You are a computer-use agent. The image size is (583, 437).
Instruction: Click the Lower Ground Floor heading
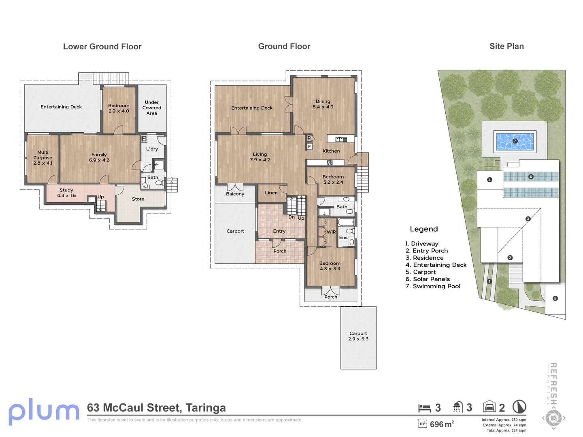point(102,47)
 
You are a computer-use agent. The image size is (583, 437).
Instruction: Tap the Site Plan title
point(506,46)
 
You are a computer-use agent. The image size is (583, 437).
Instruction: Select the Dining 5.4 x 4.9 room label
point(323,104)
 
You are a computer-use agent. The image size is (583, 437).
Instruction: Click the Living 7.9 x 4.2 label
point(260,157)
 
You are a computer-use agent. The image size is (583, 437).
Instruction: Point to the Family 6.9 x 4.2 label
point(99,157)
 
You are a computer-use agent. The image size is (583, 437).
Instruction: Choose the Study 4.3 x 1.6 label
point(66,193)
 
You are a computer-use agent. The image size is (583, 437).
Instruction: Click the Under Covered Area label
point(152,108)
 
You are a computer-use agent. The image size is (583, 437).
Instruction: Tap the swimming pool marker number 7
point(515,141)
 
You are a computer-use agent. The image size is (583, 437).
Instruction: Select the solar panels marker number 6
point(531,177)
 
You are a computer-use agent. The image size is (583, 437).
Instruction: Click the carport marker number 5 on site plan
point(555,298)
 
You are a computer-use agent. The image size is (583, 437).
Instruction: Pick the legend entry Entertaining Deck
point(436,265)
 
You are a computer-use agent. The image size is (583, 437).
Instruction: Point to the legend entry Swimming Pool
point(433,286)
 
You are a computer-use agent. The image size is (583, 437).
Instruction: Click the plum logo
point(44,412)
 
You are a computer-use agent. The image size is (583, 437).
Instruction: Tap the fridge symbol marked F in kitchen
point(309,146)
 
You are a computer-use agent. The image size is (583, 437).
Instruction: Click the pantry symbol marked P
point(309,138)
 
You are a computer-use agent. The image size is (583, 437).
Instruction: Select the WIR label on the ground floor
point(331,232)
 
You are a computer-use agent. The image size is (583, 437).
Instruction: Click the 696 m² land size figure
point(442,424)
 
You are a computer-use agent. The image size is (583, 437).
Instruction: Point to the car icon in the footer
point(489,406)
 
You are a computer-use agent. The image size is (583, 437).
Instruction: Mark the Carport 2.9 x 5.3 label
point(358,336)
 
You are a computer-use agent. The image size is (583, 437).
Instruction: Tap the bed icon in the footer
point(424,408)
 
